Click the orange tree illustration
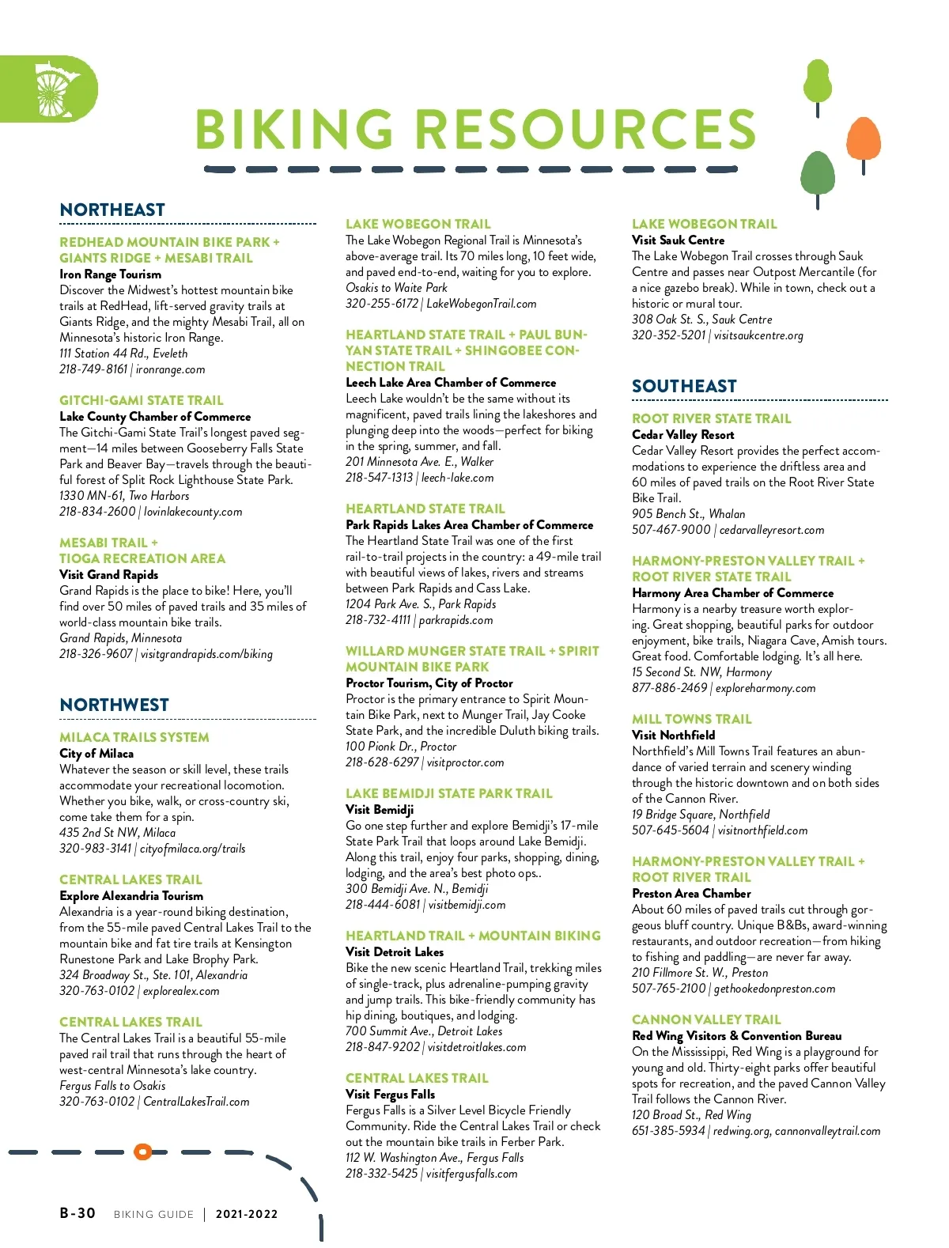pos(863,141)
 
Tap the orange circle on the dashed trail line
pos(142,1152)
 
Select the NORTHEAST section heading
pos(112,210)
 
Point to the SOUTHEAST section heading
pos(684,386)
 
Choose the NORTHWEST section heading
pos(115,705)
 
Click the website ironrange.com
pos(170,369)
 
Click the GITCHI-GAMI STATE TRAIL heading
pos(142,400)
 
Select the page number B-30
pos(78,1213)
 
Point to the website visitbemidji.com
pos(467,905)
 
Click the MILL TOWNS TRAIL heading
pos(692,719)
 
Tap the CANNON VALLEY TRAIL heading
pos(706,1019)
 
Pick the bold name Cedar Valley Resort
pos(683,434)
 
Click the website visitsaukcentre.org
pos(758,335)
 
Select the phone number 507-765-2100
pos(669,989)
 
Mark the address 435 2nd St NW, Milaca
pos(118,833)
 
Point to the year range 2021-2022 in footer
pos(247,1214)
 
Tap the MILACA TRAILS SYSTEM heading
pos(134,737)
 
